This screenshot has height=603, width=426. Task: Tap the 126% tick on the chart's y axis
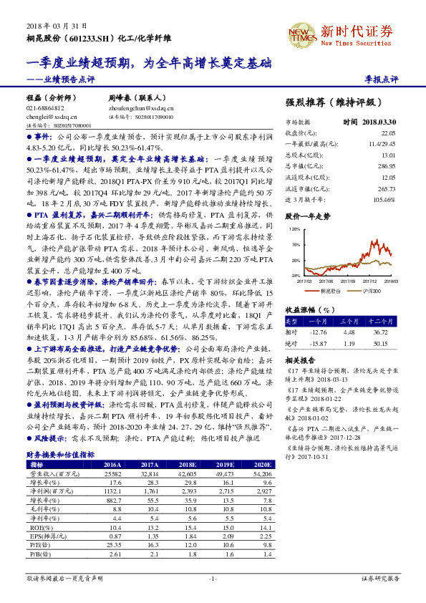coord(294,228)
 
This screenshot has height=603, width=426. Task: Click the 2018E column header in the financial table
coord(173,464)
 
